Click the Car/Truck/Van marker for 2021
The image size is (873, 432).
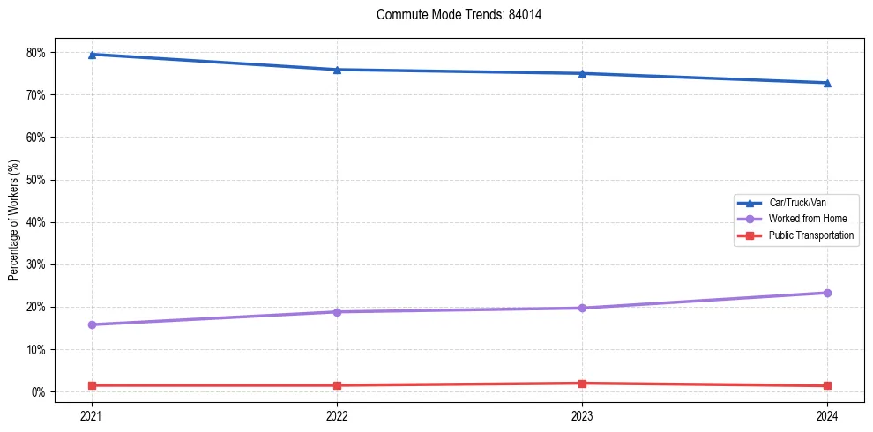coord(92,55)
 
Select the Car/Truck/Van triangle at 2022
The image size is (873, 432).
coord(337,70)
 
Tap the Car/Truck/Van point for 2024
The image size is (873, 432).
coord(827,83)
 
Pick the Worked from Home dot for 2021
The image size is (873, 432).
coord(92,324)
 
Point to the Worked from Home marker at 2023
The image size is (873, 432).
coord(582,308)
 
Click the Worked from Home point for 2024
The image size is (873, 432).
coord(827,293)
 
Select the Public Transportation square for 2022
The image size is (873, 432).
coord(337,385)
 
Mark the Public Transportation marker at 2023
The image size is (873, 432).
coord(582,384)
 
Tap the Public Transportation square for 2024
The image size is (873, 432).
coord(827,385)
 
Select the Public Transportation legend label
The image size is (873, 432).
coord(811,235)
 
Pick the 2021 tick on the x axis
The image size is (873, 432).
coord(92,414)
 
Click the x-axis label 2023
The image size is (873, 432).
coord(582,414)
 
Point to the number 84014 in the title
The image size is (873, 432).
coord(525,15)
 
